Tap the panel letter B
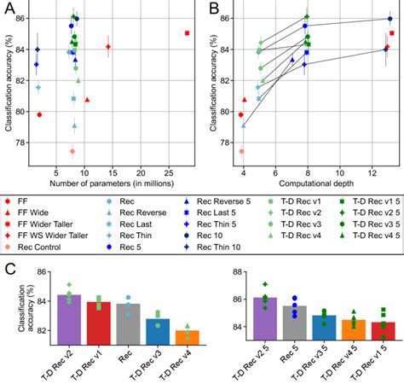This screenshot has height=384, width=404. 208,8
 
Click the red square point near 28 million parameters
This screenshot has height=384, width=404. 187,33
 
